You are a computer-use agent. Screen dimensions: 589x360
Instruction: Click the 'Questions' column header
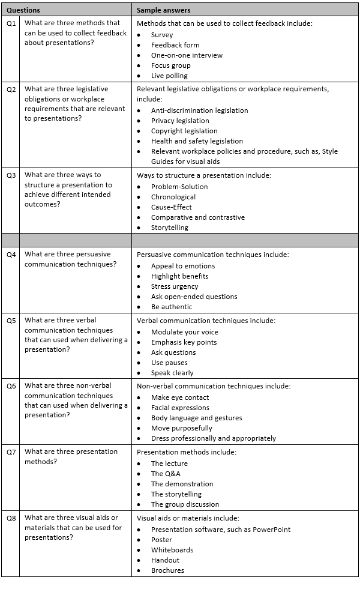(23, 10)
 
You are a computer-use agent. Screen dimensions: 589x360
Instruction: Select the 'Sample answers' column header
(164, 10)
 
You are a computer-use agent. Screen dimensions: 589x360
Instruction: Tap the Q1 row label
(11, 23)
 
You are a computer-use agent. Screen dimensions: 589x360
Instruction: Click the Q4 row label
(11, 254)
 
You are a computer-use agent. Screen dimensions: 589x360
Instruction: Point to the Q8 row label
(11, 518)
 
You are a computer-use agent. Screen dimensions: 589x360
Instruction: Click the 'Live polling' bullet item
(169, 76)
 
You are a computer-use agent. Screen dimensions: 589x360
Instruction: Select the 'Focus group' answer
(170, 65)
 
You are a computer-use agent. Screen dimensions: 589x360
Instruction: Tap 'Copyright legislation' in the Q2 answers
(184, 131)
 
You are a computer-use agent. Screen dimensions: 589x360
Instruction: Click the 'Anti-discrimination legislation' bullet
(199, 110)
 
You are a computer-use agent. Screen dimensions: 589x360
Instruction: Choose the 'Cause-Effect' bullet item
(171, 207)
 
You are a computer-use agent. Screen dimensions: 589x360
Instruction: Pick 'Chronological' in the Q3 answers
(173, 197)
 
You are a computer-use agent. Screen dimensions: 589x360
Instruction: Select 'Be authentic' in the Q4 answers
(172, 307)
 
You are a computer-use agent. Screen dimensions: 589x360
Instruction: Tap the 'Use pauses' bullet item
(169, 363)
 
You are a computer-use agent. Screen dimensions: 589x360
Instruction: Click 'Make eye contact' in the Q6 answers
(180, 397)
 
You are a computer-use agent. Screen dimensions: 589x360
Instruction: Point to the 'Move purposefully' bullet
(181, 428)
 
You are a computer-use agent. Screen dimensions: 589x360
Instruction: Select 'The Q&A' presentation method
(166, 474)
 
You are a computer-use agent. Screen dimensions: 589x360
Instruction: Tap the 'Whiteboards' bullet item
(172, 550)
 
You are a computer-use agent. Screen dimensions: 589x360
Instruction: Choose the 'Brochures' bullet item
(167, 570)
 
